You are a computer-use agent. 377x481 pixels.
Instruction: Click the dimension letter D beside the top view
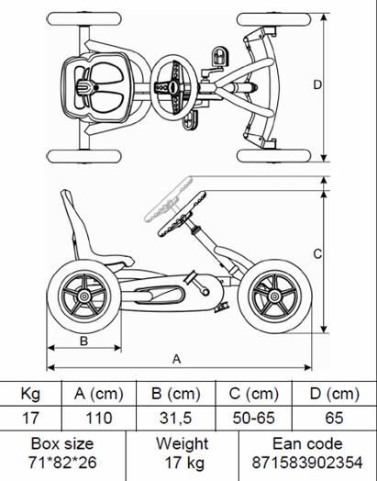coord(317,84)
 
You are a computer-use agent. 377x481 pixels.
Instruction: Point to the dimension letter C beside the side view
coord(317,254)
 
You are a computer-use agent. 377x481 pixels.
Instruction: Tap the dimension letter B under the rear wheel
coord(83,341)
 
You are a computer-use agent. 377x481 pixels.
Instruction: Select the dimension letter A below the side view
coord(176,359)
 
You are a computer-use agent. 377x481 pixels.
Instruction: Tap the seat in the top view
coord(95,87)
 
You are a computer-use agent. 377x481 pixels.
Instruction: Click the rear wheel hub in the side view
coord(83,296)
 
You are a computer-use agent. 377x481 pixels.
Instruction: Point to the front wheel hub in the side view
coord(274,296)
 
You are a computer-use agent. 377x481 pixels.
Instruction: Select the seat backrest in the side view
coord(73,224)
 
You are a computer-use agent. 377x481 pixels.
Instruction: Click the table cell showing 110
coord(99,418)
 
